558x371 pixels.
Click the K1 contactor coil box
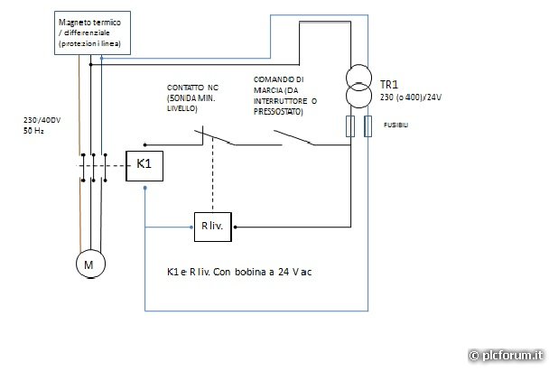[144, 164]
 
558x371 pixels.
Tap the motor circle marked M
[89, 264]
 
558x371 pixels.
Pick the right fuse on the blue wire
[368, 125]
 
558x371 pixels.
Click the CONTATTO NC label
[193, 88]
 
